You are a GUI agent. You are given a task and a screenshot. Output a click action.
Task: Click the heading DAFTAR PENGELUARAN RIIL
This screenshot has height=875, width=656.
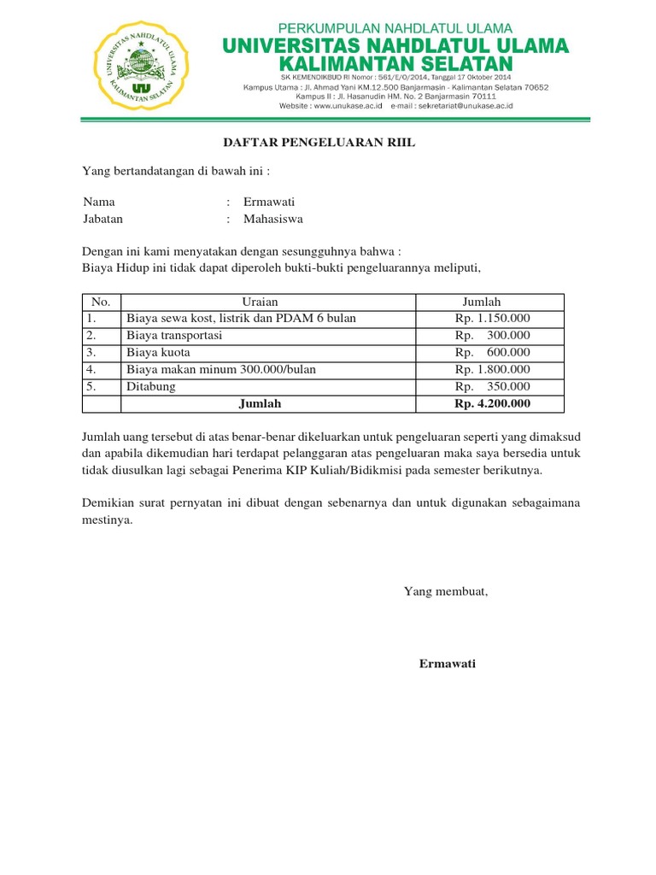tap(319, 143)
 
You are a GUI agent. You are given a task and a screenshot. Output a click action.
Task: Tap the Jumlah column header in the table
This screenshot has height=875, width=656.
tap(482, 302)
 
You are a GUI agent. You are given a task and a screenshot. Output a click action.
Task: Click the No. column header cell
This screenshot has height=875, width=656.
tap(102, 302)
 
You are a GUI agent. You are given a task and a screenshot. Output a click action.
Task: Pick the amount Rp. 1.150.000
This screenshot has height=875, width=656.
tap(493, 319)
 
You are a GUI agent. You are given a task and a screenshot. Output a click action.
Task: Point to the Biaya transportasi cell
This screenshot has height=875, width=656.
tap(174, 335)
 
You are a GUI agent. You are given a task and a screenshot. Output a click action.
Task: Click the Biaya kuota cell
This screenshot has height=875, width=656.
tap(158, 352)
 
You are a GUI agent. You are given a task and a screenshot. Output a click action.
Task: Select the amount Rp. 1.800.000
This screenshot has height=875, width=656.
tap(493, 369)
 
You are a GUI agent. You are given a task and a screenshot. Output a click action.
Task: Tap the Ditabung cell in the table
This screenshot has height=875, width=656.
tap(151, 386)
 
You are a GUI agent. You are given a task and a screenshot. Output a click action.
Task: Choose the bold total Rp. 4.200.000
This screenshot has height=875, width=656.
tap(493, 403)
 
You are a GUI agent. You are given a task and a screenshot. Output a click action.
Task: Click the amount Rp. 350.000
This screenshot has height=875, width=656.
tap(493, 386)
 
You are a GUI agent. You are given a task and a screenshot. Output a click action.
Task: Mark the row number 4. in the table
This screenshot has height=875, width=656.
tap(91, 369)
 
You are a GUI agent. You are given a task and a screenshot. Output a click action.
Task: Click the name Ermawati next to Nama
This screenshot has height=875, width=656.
tap(269, 202)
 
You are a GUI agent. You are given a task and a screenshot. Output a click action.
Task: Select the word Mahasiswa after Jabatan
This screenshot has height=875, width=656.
tap(273, 219)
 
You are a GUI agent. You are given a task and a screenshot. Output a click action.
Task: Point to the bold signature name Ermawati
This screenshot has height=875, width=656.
tap(448, 664)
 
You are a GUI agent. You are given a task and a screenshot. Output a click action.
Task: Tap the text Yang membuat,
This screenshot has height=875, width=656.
tap(446, 590)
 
